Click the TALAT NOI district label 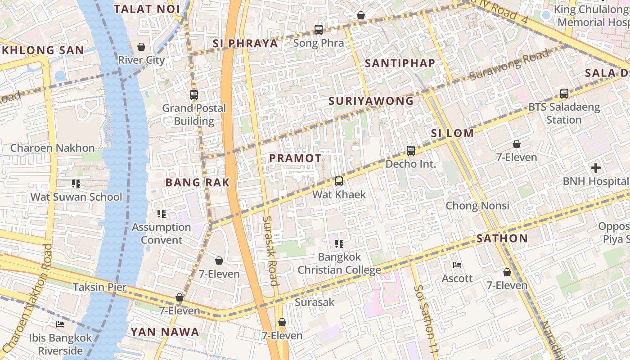click(x=147, y=9)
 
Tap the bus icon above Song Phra click(x=319, y=30)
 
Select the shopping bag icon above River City click(x=141, y=47)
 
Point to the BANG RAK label click(x=198, y=182)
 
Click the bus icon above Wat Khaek click(x=339, y=181)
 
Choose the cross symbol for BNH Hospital click(x=596, y=168)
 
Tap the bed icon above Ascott click(x=457, y=265)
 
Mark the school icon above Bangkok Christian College click(x=339, y=244)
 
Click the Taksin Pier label click(x=99, y=287)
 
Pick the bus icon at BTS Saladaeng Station click(x=564, y=94)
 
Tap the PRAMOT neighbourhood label click(x=295, y=158)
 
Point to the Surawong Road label click(x=509, y=65)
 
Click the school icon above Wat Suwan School click(x=76, y=184)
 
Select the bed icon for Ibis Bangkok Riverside click(x=60, y=324)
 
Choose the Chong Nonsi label click(x=477, y=206)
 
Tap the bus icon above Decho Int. click(x=410, y=151)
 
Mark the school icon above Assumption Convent click(x=161, y=214)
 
